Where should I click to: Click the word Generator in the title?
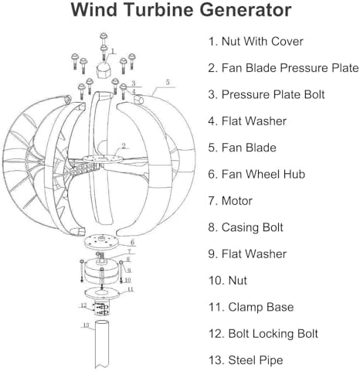[x=233, y=11]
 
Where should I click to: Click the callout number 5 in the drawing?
[x=167, y=81]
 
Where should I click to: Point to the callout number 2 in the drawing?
[x=124, y=145]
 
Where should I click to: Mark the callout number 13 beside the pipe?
[x=85, y=325]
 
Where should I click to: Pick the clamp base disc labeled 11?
[x=104, y=293]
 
